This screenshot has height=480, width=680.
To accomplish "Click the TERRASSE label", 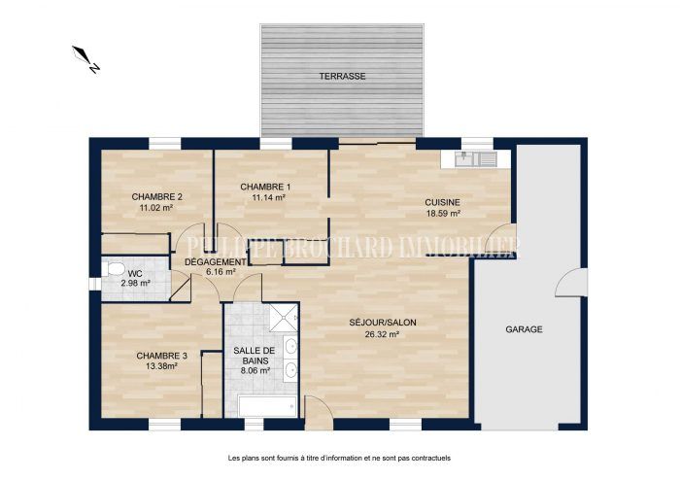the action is [x=342, y=77].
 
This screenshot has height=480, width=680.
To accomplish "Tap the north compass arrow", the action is [x=85, y=59].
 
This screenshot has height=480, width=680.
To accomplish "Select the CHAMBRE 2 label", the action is [x=156, y=197].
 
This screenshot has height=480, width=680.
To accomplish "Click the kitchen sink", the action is [x=475, y=158].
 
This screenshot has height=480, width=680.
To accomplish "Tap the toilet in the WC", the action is [x=113, y=269].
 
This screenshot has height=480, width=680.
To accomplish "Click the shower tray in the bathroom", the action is [x=284, y=318].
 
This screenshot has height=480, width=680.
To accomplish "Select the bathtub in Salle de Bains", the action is [x=267, y=407].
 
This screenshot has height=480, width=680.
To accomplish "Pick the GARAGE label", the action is [x=524, y=329].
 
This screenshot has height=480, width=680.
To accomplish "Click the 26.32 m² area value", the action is [x=382, y=334].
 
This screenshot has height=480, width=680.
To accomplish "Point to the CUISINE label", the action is [x=442, y=202].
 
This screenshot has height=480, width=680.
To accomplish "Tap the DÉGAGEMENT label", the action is [x=216, y=262].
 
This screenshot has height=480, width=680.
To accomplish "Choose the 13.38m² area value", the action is [x=161, y=366].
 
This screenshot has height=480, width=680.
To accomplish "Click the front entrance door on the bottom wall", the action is [x=319, y=413].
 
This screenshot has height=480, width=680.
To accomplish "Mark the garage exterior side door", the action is [x=571, y=283].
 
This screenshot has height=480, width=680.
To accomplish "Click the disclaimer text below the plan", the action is [x=340, y=458].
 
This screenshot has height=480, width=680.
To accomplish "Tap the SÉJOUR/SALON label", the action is [x=383, y=323].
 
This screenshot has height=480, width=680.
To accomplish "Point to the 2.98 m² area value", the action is [x=135, y=284].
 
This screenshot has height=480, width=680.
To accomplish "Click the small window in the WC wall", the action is [x=95, y=284].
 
